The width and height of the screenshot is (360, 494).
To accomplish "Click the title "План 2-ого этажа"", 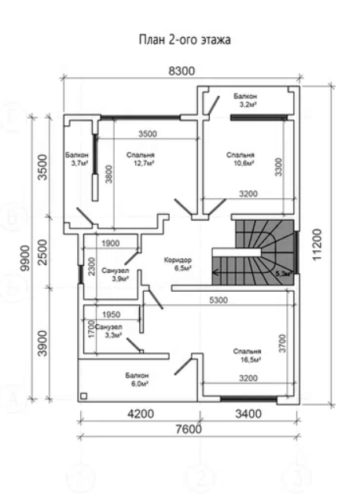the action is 185,40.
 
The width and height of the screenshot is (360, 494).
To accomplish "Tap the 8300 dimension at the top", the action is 182,71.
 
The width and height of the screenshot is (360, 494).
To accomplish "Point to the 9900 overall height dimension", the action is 24,258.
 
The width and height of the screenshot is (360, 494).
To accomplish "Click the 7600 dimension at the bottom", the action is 189,429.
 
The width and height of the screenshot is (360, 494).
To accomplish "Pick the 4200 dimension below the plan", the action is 141,414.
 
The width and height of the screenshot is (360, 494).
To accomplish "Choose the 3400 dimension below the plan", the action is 248,414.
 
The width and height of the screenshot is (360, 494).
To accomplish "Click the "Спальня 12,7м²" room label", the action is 141,159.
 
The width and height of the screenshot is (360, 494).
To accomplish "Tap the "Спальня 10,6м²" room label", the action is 241,159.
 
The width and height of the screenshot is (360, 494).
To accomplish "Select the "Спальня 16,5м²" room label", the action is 248,356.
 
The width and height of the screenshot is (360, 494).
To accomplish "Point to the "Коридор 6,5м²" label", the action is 178,264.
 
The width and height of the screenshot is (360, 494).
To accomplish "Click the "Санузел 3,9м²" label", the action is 116,275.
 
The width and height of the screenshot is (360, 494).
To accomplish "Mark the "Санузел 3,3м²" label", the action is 108,331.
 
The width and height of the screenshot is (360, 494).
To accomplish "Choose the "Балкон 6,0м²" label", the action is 137,380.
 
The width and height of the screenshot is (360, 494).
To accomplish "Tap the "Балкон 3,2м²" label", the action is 245,100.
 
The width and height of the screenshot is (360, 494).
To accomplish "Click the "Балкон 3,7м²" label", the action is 77,159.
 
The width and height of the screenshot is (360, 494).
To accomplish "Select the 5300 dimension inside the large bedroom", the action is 219,300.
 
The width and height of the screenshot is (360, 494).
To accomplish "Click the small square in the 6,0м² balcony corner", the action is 84,396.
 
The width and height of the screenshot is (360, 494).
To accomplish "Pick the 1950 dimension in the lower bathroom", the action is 112,315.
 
